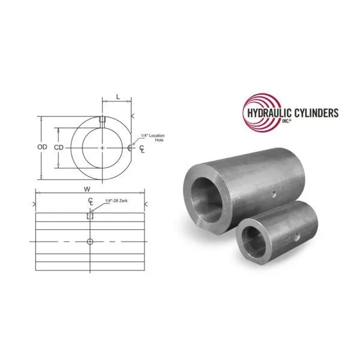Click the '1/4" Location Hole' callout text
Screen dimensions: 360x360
click(152, 137)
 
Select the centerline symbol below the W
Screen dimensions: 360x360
click(90, 201)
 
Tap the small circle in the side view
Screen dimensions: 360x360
click(90, 241)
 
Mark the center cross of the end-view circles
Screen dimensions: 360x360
click(103, 148)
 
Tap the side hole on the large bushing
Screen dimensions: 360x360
click(274, 193)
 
